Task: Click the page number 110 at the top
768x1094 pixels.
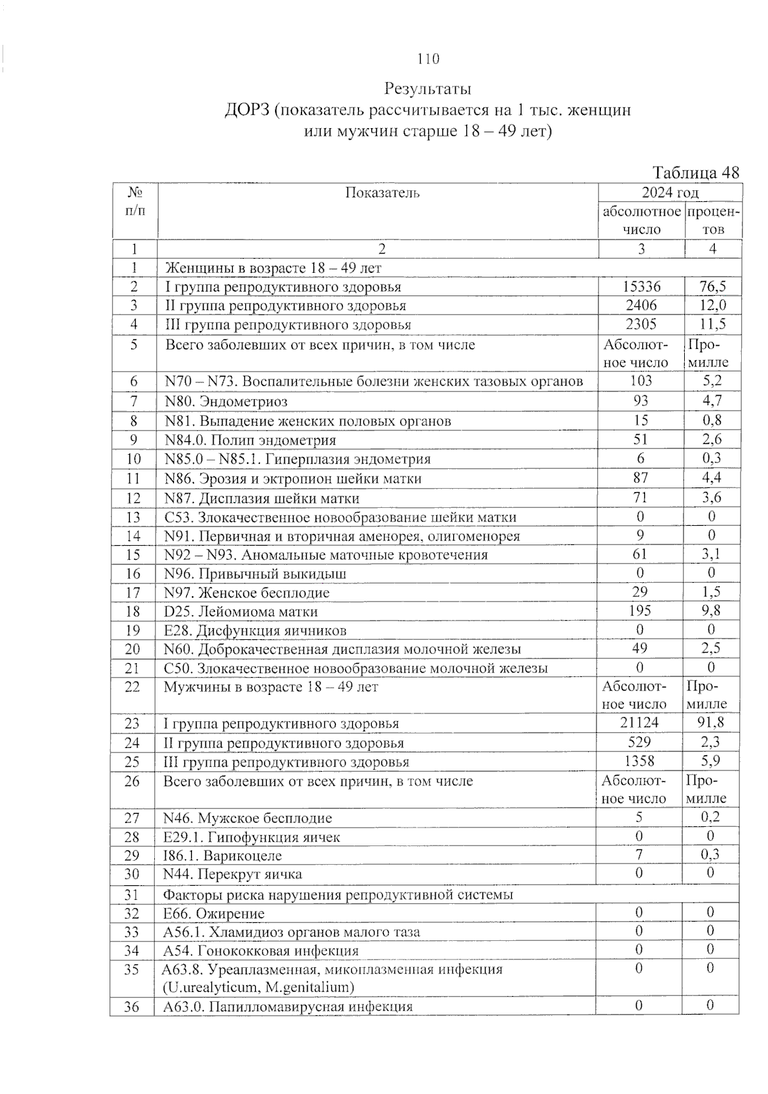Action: click(x=428, y=59)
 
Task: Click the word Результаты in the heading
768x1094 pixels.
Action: click(x=428, y=88)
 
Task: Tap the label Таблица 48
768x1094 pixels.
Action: click(x=696, y=172)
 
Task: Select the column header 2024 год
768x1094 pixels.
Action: click(x=670, y=193)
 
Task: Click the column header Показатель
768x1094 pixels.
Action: click(x=382, y=193)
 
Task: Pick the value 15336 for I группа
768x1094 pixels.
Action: click(x=641, y=286)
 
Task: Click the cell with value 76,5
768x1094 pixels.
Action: click(x=712, y=286)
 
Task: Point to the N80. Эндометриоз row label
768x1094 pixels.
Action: click(x=226, y=402)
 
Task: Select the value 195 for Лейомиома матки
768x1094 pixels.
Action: click(x=640, y=610)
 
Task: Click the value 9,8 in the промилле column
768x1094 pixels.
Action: click(x=710, y=610)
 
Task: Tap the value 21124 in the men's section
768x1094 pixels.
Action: click(x=639, y=723)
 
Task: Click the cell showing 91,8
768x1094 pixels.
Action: click(x=710, y=723)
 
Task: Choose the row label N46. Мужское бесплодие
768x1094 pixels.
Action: click(x=248, y=818)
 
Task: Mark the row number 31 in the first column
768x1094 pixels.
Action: click(x=132, y=894)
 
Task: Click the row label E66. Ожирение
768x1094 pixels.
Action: click(x=214, y=913)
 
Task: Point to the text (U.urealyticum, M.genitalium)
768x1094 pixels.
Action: click(x=258, y=987)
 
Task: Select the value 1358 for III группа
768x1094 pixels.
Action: click(x=639, y=761)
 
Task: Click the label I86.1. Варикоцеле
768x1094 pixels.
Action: click(x=223, y=856)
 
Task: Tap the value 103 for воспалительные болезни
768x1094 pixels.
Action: click(x=641, y=380)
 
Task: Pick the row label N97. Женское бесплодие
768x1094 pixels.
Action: click(x=247, y=592)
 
